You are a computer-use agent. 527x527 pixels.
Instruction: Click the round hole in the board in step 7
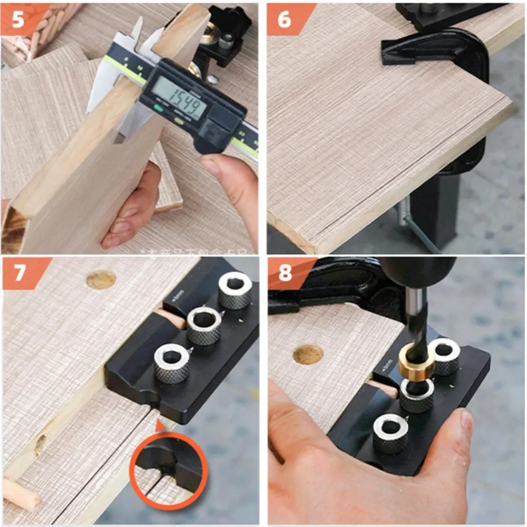pos(101,279)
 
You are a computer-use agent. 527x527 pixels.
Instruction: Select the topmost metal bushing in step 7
pos(235,290)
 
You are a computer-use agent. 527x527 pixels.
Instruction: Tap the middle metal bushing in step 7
pos(204,325)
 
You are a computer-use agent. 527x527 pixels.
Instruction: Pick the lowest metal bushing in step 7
pos(172,363)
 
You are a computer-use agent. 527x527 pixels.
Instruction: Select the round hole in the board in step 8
pos(308,355)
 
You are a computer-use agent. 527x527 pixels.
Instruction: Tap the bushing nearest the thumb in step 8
pos(391,432)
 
